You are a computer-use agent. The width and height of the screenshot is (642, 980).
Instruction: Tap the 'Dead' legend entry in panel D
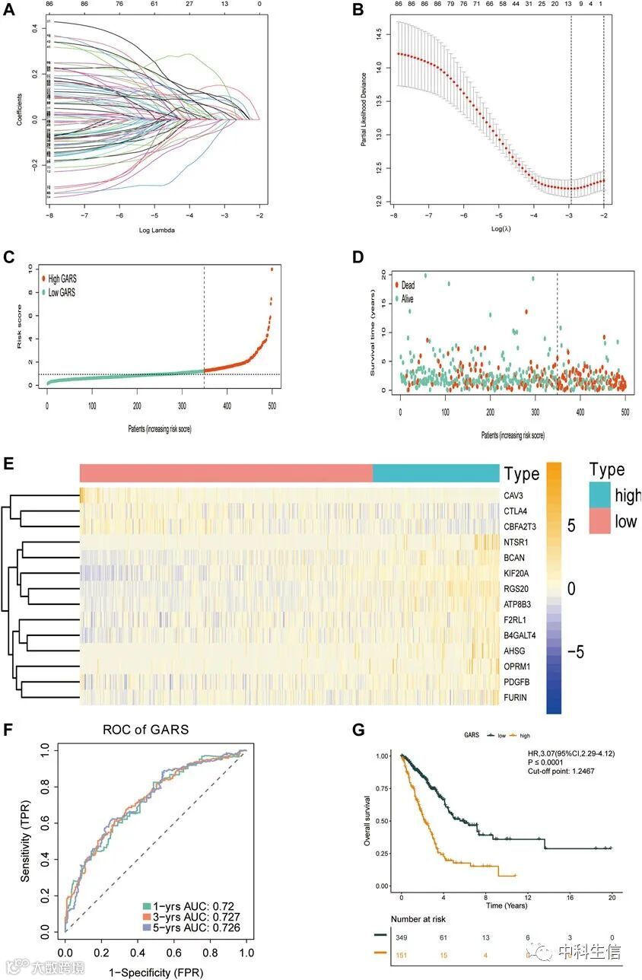[408, 285]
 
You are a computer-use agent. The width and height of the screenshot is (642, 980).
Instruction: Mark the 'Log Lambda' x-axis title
[155, 229]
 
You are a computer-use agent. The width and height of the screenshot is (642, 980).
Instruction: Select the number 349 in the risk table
[402, 938]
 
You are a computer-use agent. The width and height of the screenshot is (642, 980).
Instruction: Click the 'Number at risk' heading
[417, 919]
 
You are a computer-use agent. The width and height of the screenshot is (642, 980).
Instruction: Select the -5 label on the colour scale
[576, 652]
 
